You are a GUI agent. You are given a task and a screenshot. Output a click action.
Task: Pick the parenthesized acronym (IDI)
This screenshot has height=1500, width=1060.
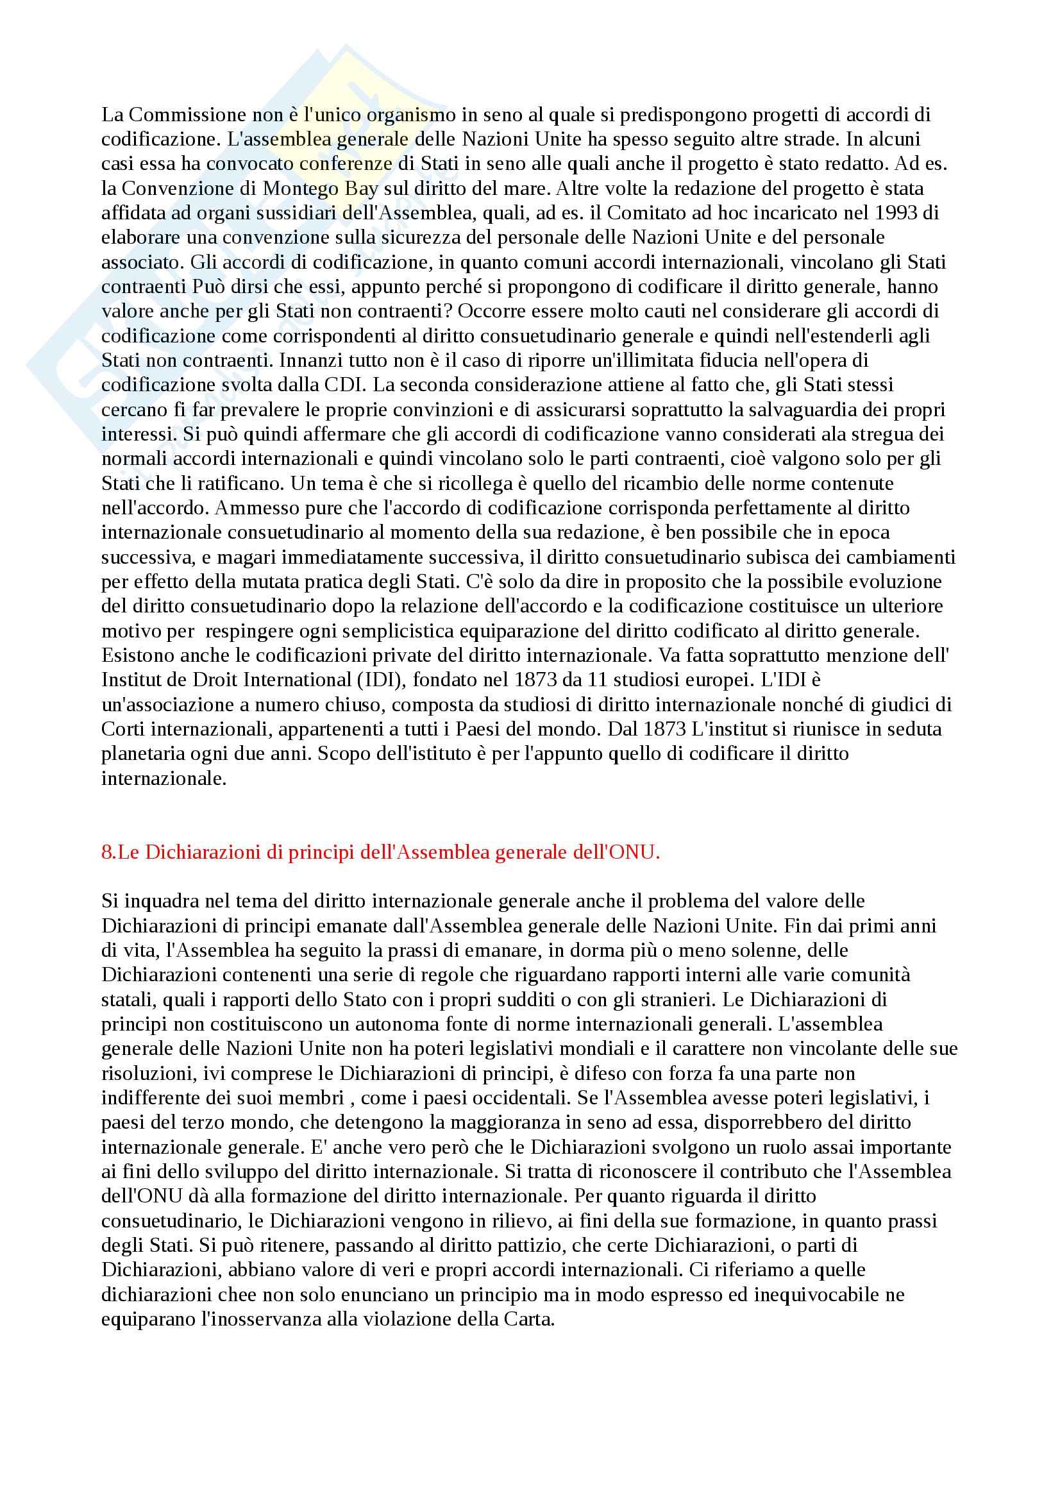382,679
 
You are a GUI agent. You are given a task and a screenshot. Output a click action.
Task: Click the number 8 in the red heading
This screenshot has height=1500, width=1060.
106,853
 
